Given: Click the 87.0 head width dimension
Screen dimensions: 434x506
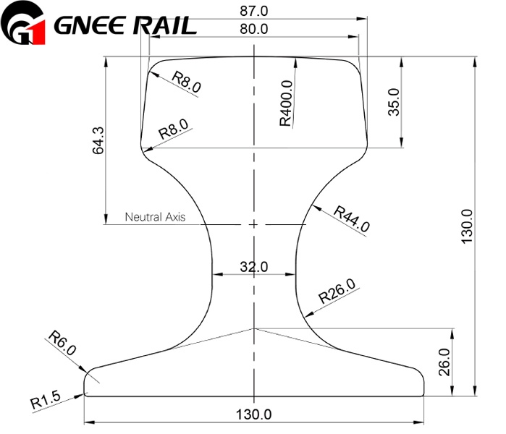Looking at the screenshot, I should (x=253, y=11).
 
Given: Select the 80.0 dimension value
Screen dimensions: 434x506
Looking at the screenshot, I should (x=253, y=29).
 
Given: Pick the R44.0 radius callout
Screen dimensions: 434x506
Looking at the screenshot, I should (x=352, y=218).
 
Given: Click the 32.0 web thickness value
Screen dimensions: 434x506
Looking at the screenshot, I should (x=253, y=267).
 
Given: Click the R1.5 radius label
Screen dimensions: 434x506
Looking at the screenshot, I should (x=46, y=400).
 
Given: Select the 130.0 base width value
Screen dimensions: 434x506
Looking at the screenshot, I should (x=253, y=415).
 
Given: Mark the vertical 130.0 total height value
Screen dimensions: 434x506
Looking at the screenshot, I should (x=467, y=225).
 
